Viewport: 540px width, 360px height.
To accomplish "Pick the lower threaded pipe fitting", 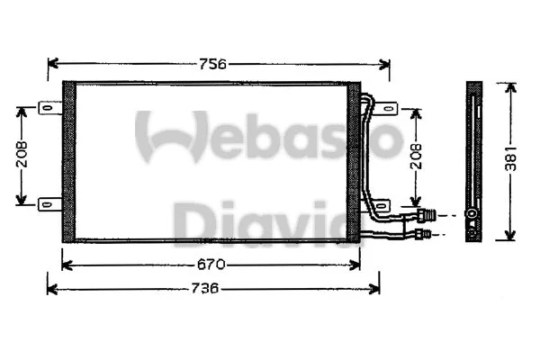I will pyautogui.click(x=426, y=234).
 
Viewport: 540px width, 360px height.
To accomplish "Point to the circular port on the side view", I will pyautogui.click(x=472, y=214).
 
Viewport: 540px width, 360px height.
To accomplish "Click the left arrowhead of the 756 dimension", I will pyautogui.click(x=51, y=64).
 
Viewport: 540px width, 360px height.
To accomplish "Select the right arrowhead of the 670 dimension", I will pyautogui.click(x=355, y=265).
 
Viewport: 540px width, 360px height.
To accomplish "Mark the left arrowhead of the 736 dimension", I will pyautogui.click(x=51, y=289).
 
